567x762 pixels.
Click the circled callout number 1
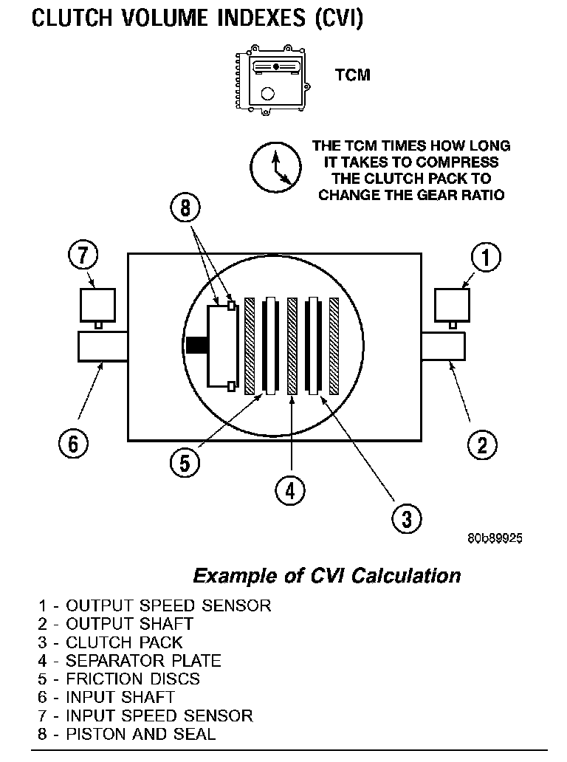click(x=487, y=258)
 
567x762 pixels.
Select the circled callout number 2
click(x=482, y=444)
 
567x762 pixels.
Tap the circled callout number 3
click(x=407, y=517)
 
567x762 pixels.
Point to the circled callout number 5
click(x=184, y=462)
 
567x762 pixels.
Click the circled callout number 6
click(x=73, y=444)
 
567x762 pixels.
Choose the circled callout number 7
click(x=83, y=257)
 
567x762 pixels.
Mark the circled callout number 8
click(x=185, y=208)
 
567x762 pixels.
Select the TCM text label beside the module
click(x=353, y=75)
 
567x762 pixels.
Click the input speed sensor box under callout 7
click(x=97, y=304)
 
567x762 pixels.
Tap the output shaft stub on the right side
click(x=443, y=346)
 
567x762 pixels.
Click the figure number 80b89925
click(x=494, y=538)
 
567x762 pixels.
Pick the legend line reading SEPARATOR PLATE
click(x=130, y=661)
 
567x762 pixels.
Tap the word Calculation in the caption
click(x=405, y=575)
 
